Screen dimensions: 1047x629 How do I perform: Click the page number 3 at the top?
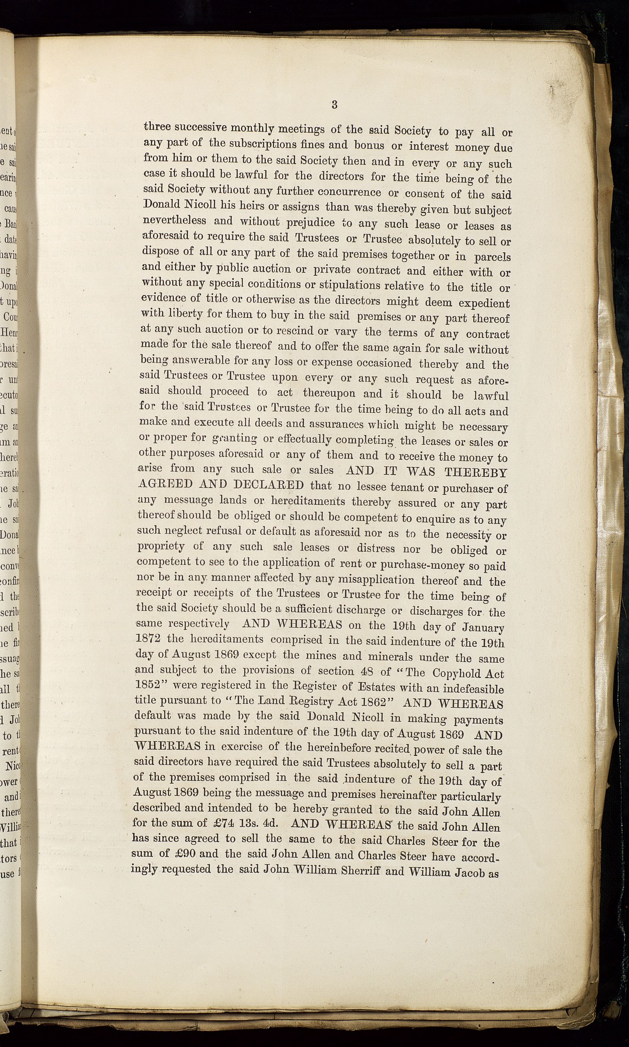pos(335,105)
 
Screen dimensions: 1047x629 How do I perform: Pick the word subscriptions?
pos(259,144)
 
